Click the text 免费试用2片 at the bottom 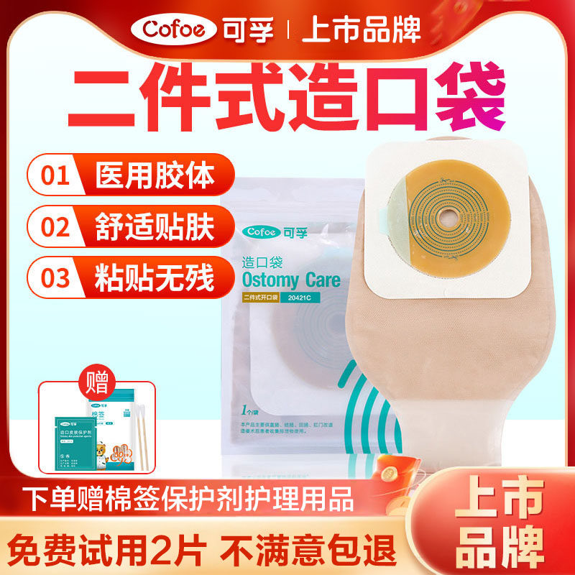[x=116, y=547]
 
